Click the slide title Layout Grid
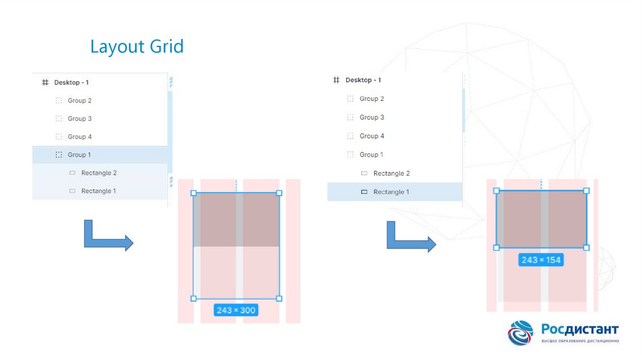coord(137,46)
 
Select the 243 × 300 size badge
coord(236,310)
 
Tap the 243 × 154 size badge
coord(541,260)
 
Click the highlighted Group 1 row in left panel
coord(100,154)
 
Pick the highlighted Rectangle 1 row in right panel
coord(395,192)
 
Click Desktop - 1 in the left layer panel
coord(71,82)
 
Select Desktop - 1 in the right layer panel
coord(363,80)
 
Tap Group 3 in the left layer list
coord(80,119)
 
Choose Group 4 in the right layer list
coord(372,136)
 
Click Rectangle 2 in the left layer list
coord(98,172)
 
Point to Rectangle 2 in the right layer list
coord(391,173)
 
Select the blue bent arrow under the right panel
coord(410,237)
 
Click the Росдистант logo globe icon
coord(520,333)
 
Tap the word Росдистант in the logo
coord(580,329)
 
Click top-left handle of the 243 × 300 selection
coord(193,193)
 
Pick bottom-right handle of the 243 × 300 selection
coord(279,299)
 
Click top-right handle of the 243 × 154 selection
coord(587,190)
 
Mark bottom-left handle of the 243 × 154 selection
coord(497,248)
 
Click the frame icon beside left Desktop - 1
coord(45,82)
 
